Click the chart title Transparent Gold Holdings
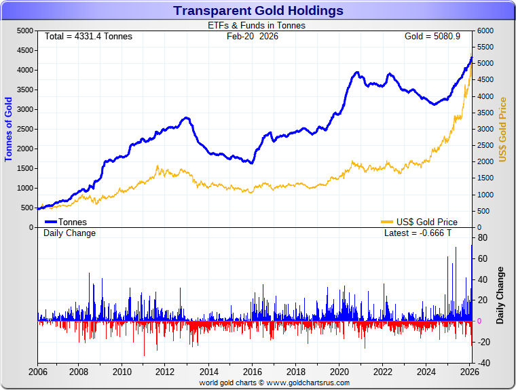tap(258, 11)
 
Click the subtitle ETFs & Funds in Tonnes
tap(256, 26)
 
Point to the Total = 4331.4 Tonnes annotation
tap(88, 36)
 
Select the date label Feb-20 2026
tap(253, 36)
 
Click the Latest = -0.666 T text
tap(418, 233)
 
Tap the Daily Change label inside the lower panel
tap(69, 233)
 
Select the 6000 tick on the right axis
tap(486, 31)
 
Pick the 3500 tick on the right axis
tap(486, 113)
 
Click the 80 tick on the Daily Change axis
tap(483, 237)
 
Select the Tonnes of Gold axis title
tap(9, 129)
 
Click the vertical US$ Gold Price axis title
tap(503, 129)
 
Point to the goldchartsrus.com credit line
tap(274, 383)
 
